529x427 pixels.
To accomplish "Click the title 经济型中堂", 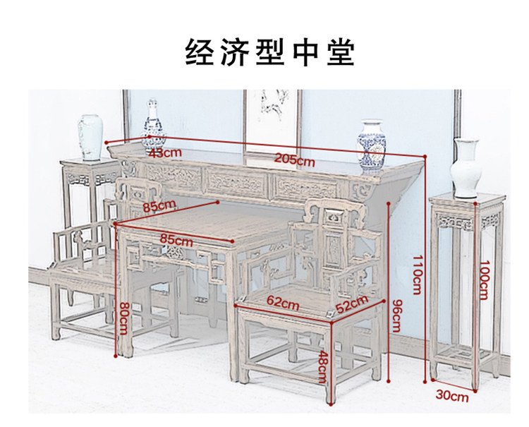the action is pos(269,52).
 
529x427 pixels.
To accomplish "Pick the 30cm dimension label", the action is pos(452,396).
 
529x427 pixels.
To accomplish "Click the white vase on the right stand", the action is pos(466,167).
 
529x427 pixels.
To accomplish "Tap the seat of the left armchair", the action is pos(78,271).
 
